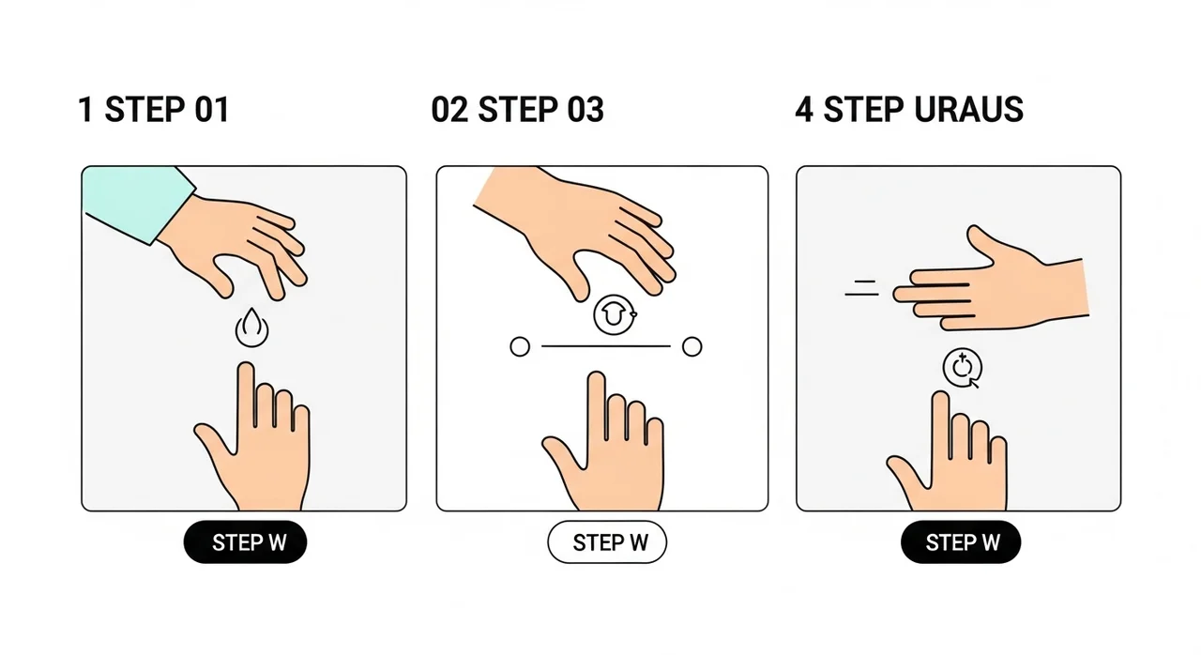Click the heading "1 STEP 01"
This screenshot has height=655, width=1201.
(154, 110)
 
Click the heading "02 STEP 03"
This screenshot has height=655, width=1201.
(517, 110)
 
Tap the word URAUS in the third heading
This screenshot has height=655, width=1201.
(969, 110)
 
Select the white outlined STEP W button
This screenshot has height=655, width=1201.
(607, 541)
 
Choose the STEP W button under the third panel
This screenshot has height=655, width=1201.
(961, 541)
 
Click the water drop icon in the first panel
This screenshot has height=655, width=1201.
(252, 327)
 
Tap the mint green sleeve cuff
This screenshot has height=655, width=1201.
(138, 204)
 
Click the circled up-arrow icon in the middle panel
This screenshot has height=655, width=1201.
(615, 315)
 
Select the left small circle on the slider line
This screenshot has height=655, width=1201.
(520, 347)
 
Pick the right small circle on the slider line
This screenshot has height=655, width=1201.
(692, 347)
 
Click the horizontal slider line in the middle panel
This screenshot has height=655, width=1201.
(606, 346)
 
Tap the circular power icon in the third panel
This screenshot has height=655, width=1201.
(963, 368)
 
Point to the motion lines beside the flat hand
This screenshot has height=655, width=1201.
(862, 288)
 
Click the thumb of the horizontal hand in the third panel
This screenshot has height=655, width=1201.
(981, 242)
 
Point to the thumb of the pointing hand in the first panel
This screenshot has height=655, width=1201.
(212, 437)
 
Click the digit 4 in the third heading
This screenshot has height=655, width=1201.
(804, 110)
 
